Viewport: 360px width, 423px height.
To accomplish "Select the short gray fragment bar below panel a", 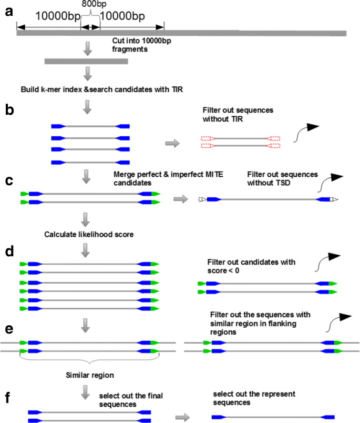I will tap(86, 62).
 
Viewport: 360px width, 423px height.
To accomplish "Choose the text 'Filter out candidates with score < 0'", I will tap(252, 266).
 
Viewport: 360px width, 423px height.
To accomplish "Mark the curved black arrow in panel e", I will tap(333, 323).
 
